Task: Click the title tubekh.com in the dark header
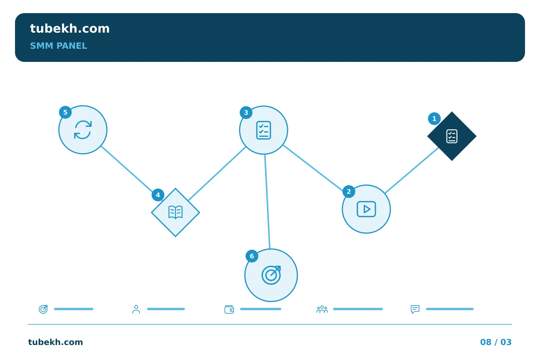pos(70,28)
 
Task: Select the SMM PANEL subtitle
pos(58,46)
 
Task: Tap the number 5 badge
pos(65,112)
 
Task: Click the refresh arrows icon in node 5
pos(82,130)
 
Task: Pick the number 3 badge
pos(246,112)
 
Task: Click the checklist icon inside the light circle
pos(264,130)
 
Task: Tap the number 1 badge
pos(434,118)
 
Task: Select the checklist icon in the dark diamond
pos(452,136)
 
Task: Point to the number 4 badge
pos(158,195)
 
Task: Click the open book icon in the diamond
pos(175,212)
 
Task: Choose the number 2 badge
pos(349,192)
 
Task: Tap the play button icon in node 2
pos(366,209)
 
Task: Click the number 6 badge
pos(252,256)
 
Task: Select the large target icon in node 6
pos(271,275)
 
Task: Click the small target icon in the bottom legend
pos(43,309)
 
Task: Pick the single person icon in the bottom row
pos(136,309)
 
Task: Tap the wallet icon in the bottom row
pos(229,309)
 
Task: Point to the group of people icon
pos(322,309)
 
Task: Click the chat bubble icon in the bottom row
pos(415,309)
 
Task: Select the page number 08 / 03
pos(496,342)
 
